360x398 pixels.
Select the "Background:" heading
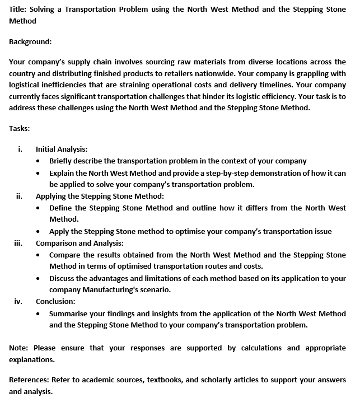coord(30,41)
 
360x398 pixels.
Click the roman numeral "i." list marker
coord(20,149)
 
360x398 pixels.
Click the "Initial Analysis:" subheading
coord(62,149)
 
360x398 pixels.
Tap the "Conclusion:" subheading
coord(55,301)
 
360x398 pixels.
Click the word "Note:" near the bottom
coord(19,348)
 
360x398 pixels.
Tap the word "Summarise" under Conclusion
coord(69,313)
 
